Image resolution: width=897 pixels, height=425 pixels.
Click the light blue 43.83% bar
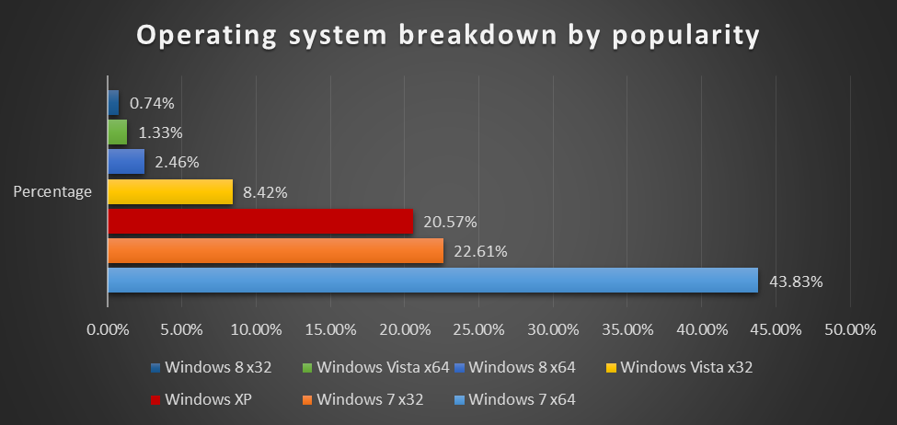432,280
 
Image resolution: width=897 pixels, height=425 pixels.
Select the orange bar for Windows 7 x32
275,251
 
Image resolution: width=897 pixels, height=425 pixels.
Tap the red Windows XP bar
260,221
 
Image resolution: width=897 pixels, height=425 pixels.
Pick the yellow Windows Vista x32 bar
170,191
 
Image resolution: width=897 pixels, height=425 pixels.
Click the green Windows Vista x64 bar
117,132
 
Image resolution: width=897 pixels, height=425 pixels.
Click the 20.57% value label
451,222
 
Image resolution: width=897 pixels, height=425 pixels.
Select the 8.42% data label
265,192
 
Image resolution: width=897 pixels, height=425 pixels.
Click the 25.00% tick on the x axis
478,328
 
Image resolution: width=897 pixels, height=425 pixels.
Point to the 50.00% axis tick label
850,328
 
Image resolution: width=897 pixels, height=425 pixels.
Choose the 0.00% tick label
108,328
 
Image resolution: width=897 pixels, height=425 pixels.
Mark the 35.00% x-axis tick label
627,328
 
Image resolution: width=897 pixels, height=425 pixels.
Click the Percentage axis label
52,191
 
